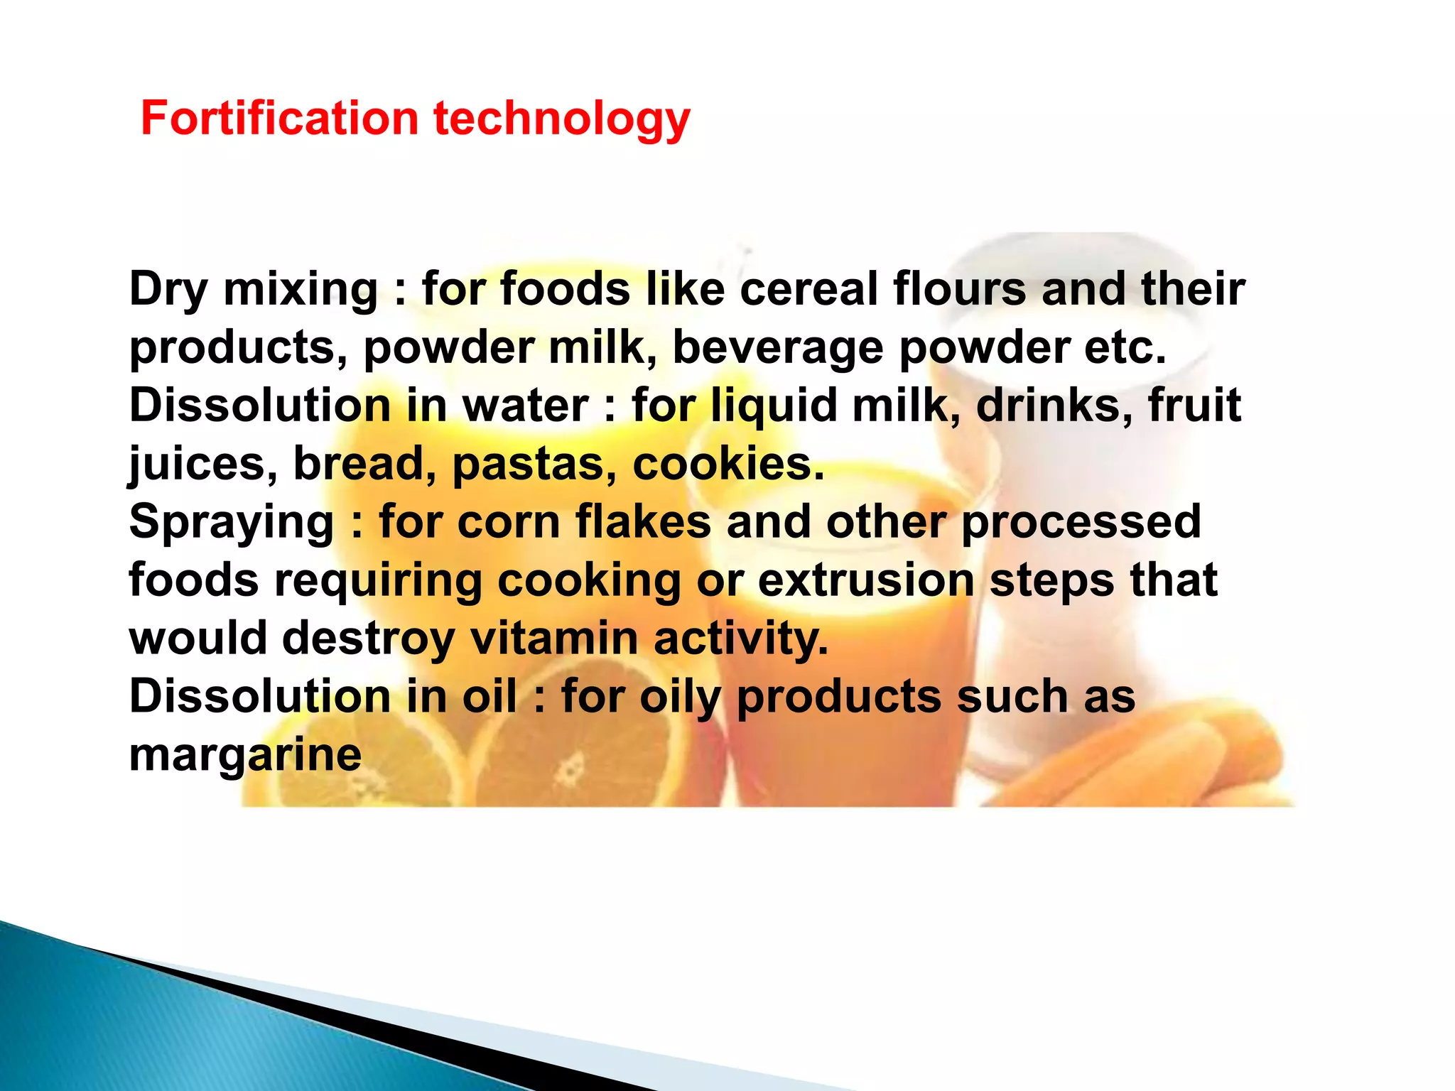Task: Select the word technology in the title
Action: tap(561, 119)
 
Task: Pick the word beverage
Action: tap(777, 349)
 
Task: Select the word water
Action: tap(525, 406)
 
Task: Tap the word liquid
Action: tap(774, 407)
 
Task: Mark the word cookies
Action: tap(727, 465)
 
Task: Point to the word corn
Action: tap(509, 522)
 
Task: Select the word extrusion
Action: tap(866, 580)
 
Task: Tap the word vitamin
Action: tap(554, 638)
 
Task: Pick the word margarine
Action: tap(245, 755)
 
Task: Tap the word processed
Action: tap(1081, 522)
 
